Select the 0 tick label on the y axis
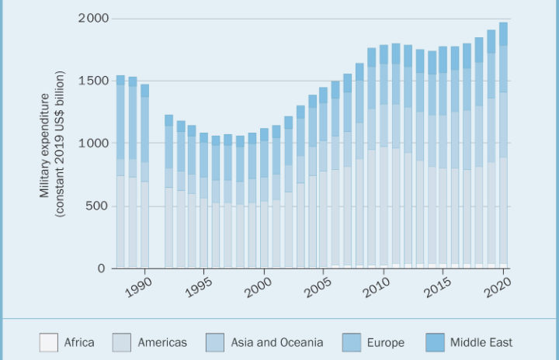click(102, 268)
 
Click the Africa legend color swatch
click(49, 342)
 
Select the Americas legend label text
click(162, 342)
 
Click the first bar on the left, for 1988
click(120, 171)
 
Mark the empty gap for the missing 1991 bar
click(156, 194)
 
